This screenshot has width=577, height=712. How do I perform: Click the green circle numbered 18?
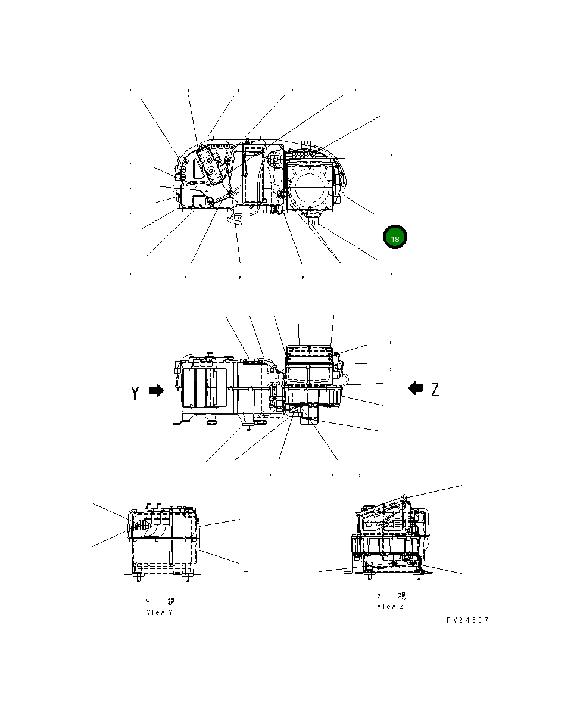[x=394, y=237]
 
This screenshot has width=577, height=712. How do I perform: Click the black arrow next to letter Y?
[x=157, y=391]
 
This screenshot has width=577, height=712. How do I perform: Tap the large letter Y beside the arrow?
[x=136, y=393]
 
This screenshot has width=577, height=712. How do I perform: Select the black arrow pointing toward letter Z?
[x=415, y=388]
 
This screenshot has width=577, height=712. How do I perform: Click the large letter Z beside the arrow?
[x=435, y=390]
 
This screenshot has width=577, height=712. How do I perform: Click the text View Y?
[x=160, y=612]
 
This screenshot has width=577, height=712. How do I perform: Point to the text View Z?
[x=391, y=607]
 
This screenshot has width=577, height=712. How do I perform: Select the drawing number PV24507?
[x=467, y=620]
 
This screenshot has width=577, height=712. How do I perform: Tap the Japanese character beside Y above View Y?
[x=171, y=602]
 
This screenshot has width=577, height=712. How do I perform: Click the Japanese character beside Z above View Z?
[x=402, y=596]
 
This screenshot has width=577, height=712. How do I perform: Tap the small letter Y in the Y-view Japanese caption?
[x=148, y=602]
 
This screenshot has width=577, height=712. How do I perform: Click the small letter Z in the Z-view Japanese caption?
[x=379, y=596]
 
